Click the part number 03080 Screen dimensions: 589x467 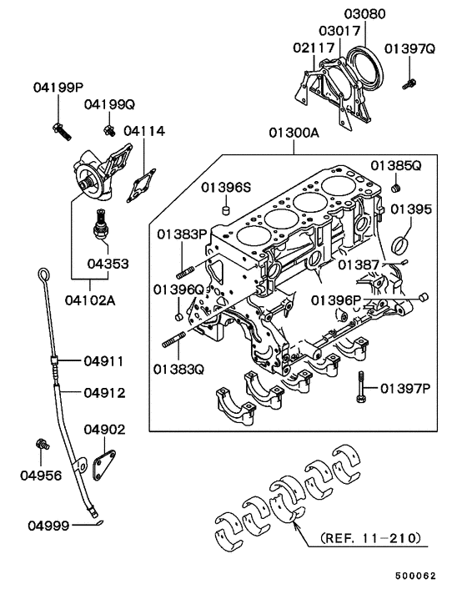click(x=364, y=14)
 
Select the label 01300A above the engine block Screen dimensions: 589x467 click(x=293, y=133)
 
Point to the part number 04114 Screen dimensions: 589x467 click(x=144, y=131)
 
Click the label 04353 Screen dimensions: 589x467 click(x=108, y=263)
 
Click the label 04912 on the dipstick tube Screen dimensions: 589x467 click(x=103, y=390)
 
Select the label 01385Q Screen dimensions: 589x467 click(x=397, y=166)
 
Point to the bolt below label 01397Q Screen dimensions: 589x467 click(x=410, y=82)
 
